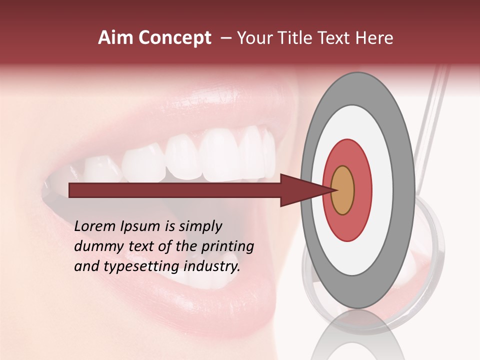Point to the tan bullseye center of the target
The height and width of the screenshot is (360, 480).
pyautogui.click(x=343, y=190)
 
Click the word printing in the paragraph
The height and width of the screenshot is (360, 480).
pyautogui.click(x=228, y=247)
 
